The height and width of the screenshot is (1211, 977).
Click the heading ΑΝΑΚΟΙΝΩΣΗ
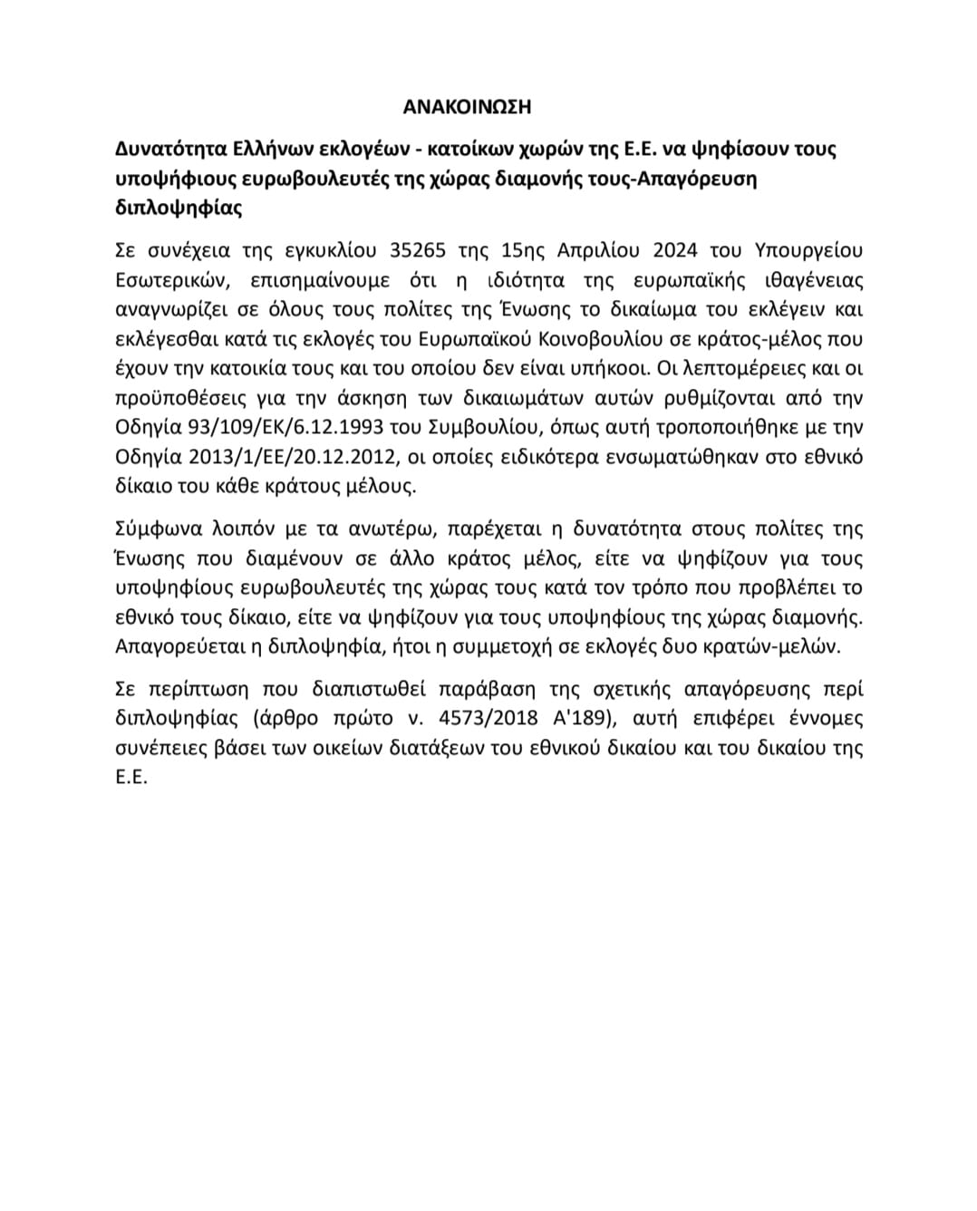(x=467, y=107)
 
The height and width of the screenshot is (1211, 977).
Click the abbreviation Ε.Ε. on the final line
(x=131, y=778)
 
